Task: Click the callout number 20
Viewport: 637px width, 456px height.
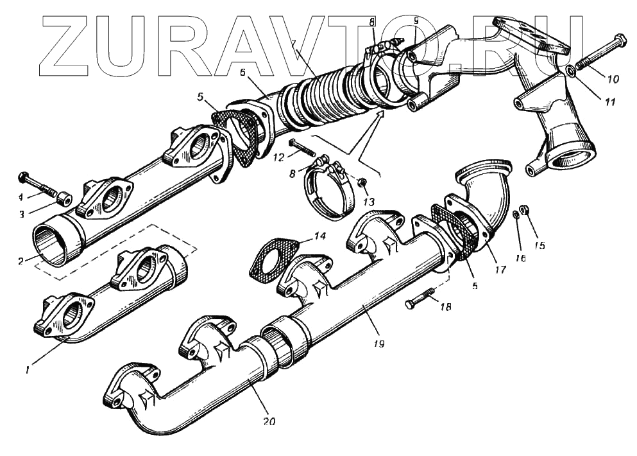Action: pos(269,422)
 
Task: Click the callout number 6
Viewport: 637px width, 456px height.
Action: pos(242,73)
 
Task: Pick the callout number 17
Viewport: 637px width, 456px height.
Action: pos(500,270)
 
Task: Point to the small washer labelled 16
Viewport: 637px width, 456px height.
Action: pos(516,215)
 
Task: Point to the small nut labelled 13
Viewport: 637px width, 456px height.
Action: pos(362,184)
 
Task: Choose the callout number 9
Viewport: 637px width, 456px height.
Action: pos(416,21)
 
